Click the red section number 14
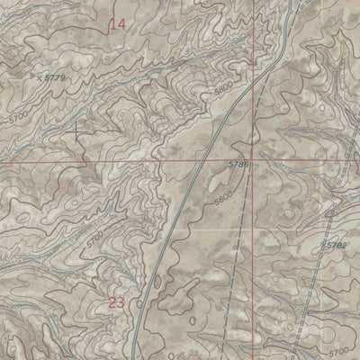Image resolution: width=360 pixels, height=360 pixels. tap(117, 24)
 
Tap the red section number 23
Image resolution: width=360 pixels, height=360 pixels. tap(116, 302)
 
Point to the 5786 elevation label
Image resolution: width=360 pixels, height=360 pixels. tap(237, 166)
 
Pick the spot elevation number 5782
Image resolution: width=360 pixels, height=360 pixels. tap(336, 244)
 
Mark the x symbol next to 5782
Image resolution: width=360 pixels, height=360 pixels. tap(321, 245)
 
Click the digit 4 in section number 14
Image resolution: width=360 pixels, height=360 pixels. tap(121, 24)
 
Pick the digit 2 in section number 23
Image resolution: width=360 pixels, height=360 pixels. tap(112, 302)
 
